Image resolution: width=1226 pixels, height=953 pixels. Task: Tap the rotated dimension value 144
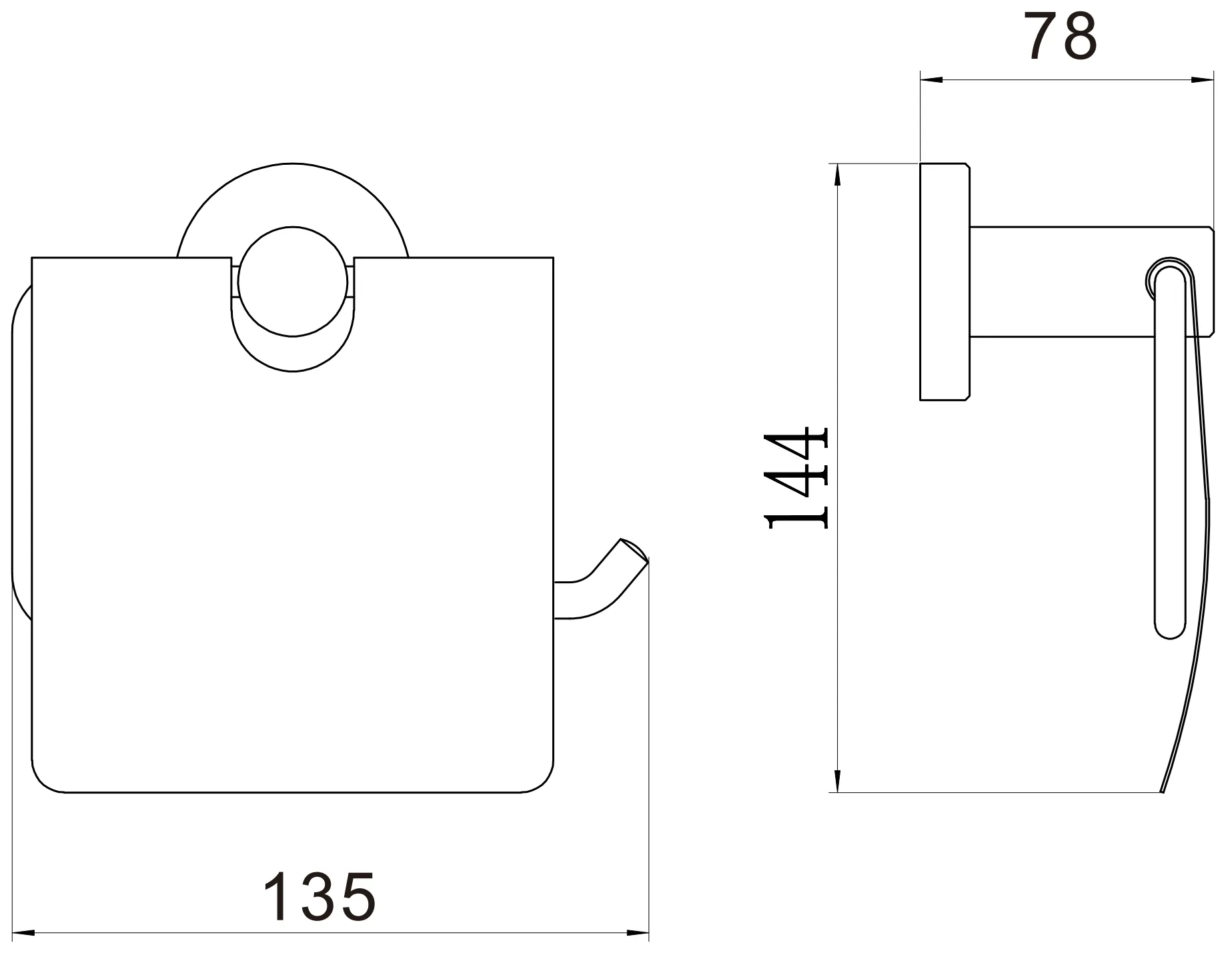(798, 477)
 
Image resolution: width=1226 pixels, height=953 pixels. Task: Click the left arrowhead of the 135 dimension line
(23, 932)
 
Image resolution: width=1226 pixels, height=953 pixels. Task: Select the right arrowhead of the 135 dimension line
(638, 932)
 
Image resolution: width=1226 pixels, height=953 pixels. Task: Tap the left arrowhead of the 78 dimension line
(931, 81)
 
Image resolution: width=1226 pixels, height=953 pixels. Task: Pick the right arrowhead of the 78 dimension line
(1202, 81)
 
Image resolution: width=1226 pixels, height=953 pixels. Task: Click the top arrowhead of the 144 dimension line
(838, 175)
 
